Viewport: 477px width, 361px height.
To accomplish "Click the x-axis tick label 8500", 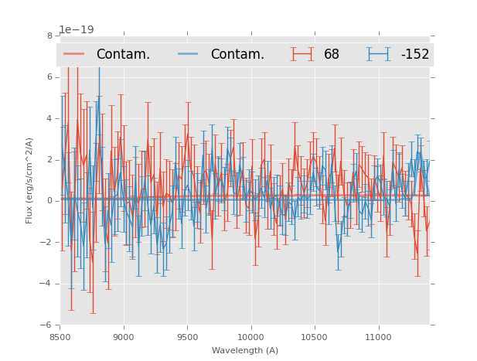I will [x=60, y=336].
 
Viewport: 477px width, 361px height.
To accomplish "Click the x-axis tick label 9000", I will [x=124, y=336].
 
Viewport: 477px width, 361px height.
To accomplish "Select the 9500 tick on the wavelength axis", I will [x=187, y=336].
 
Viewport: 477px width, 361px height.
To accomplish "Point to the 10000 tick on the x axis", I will [x=251, y=336].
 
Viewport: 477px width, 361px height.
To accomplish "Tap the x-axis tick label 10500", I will [x=315, y=336].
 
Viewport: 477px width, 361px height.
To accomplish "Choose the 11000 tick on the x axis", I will [x=378, y=336].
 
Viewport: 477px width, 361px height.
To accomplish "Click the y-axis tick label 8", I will [x=49, y=36].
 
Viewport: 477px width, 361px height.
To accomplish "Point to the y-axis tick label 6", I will [x=49, y=77].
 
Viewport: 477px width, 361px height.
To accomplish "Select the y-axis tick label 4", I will [x=49, y=118].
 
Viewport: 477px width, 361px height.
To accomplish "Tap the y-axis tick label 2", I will [x=49, y=160].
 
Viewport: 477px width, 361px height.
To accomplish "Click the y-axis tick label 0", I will [x=49, y=201].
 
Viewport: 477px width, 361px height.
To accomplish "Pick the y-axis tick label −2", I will [x=47, y=243].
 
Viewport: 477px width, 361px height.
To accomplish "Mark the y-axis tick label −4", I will [x=47, y=284].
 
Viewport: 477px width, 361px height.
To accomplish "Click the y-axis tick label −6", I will [x=47, y=325].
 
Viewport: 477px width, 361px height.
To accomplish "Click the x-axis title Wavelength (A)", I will [x=245, y=350].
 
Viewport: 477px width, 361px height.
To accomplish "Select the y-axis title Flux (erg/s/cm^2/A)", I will [x=29, y=180].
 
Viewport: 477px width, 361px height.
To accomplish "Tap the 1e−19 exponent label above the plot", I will [x=76, y=30].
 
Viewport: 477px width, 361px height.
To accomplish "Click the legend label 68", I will [x=332, y=54].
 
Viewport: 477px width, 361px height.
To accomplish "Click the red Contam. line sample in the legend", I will [x=74, y=54].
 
